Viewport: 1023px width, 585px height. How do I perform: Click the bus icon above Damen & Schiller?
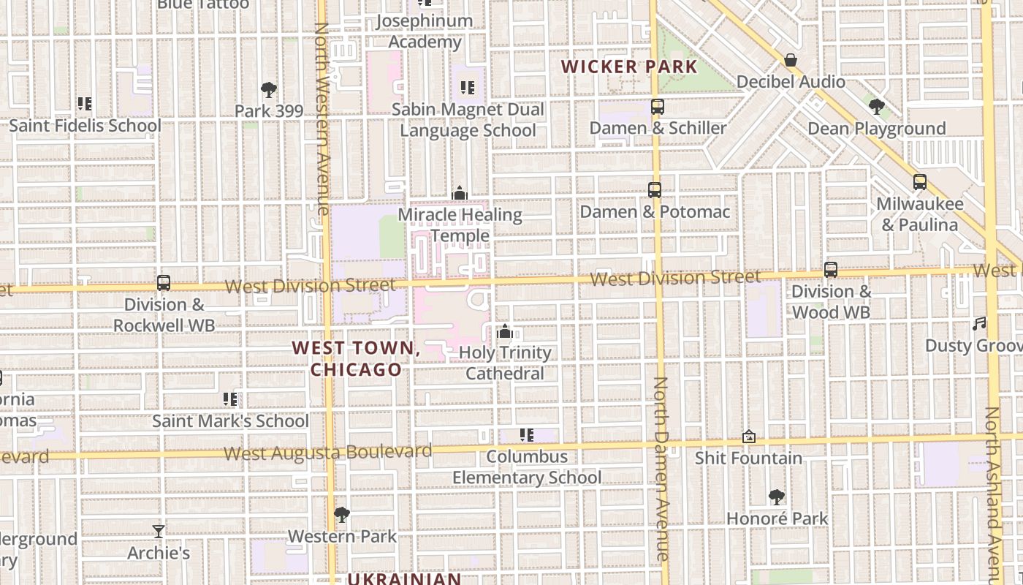coord(657,107)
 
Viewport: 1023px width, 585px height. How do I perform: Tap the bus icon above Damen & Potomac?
coord(654,190)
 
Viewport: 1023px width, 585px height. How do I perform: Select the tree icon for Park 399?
coord(268,90)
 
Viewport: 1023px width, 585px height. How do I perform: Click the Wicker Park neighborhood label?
coord(629,67)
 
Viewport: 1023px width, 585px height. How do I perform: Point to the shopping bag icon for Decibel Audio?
coord(790,60)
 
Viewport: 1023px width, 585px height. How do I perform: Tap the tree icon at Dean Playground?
coord(876,107)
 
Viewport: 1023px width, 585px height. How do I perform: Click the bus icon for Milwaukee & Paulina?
coord(919,182)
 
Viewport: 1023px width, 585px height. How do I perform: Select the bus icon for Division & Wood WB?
coord(830,270)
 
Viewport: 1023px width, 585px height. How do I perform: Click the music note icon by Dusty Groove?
coord(979,324)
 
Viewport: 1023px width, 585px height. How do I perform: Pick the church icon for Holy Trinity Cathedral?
coord(504,331)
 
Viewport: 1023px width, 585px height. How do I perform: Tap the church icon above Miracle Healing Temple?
coord(460,193)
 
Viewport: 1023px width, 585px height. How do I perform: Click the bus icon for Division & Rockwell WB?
coord(164,283)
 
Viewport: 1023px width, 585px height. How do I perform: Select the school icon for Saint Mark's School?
coord(230,399)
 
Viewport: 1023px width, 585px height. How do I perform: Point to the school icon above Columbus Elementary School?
coord(526,435)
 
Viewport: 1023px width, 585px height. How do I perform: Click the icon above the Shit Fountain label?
coord(748,437)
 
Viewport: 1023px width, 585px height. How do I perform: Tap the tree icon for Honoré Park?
coord(777,497)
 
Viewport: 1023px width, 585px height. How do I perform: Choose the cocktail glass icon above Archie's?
coord(159,531)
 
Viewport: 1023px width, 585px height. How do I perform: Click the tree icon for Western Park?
coord(341,515)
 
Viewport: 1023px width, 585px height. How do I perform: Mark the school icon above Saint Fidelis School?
coord(85,104)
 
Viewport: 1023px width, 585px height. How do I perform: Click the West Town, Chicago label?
coord(357,358)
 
